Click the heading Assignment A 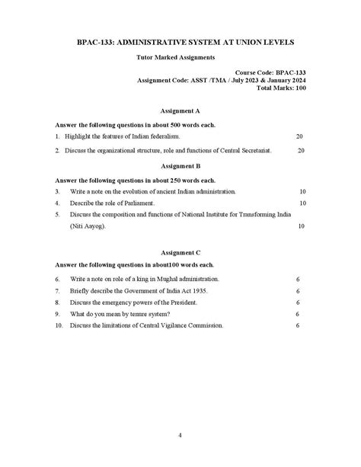coord(180,110)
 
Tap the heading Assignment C coord(180,251)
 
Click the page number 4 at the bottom coord(180,435)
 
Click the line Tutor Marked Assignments coord(180,57)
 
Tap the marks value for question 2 coord(301,151)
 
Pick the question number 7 coord(58,291)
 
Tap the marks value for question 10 coord(298,325)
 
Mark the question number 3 coord(57,191)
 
